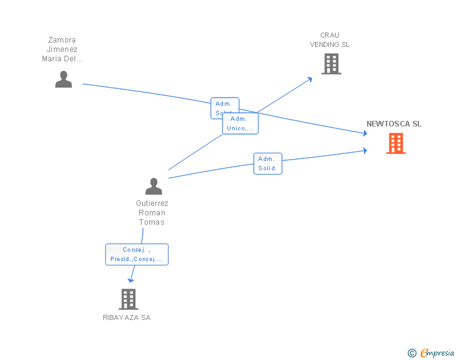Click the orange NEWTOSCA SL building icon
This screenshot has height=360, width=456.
395,143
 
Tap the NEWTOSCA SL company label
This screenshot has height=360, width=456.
394,124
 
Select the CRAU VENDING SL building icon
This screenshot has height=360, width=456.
331,63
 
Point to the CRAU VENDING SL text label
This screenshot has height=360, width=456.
329,40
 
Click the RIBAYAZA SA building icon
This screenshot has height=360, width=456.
128,299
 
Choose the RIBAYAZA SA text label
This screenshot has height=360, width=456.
127,317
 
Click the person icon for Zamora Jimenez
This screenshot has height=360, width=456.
63,80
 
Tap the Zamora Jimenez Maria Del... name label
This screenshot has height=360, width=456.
62,50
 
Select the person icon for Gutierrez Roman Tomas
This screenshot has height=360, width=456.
153,186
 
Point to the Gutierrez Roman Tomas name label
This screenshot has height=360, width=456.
152,213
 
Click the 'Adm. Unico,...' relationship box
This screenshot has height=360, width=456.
241,123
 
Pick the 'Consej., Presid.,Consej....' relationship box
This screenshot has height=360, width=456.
137,254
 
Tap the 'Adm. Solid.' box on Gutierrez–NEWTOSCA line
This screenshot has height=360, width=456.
267,163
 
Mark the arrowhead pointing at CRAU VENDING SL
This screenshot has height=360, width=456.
310,79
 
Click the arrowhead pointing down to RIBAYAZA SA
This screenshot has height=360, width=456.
131,280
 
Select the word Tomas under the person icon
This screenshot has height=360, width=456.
152,222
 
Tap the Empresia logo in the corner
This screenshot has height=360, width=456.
437,353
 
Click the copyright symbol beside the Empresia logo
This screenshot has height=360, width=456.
412,353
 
